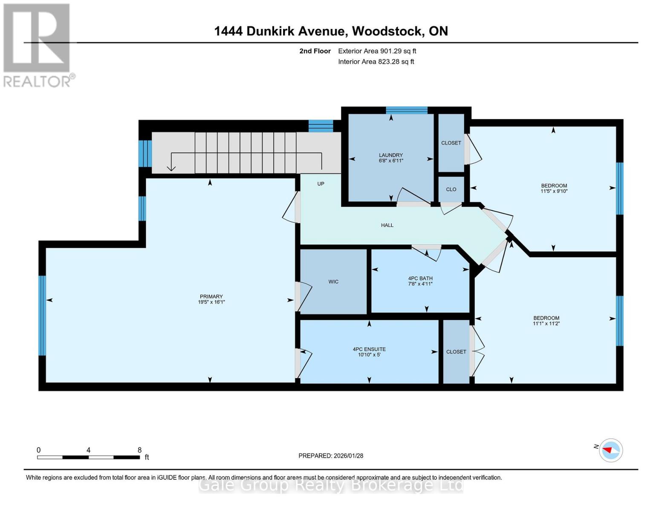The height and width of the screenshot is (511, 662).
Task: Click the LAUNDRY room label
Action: [390, 155]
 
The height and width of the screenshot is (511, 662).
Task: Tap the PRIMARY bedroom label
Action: [211, 296]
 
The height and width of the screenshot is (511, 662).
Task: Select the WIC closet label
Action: [333, 281]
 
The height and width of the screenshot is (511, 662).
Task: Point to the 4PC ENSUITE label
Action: [369, 349]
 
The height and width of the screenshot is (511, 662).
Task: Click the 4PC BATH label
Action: [420, 278]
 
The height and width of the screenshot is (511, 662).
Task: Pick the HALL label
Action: [387, 225]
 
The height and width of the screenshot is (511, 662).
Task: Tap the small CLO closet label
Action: [451, 189]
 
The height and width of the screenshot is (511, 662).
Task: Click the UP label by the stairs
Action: [321, 184]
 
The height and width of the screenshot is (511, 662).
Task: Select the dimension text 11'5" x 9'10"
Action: [554, 191]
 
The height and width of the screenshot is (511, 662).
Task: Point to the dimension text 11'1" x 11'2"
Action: [546, 324]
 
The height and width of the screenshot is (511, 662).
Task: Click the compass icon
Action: [610, 450]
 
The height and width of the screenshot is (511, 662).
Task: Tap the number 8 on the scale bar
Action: [139, 450]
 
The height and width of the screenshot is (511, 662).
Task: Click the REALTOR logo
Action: [37, 45]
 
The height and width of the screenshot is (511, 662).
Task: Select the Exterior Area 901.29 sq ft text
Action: [377, 51]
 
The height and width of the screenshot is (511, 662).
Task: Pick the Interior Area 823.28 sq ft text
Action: [376, 62]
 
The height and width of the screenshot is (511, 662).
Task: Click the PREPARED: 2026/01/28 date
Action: [331, 456]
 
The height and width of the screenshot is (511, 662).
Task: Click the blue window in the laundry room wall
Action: [406, 110]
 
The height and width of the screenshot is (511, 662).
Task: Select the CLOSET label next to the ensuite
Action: [456, 352]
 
